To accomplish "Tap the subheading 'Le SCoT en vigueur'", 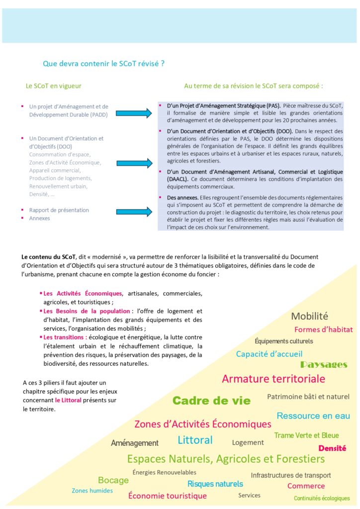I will pyautogui.click(x=53, y=86).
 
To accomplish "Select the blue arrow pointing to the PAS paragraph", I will pyautogui.click(x=133, y=113).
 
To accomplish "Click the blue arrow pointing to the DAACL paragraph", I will pyautogui.click(x=133, y=163).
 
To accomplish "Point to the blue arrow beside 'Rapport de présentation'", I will pyautogui.click(x=133, y=212).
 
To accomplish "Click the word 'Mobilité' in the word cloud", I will pyautogui.click(x=309, y=316).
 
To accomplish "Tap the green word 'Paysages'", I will pyautogui.click(x=323, y=365).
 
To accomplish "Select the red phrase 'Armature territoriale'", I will pyautogui.click(x=273, y=379).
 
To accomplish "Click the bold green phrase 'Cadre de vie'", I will pyautogui.click(x=211, y=401).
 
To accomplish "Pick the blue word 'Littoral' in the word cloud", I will pyautogui.click(x=195, y=440).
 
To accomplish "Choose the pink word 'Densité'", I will pyautogui.click(x=332, y=448).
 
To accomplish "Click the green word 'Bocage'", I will pyautogui.click(x=113, y=480).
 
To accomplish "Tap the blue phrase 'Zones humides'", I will pyautogui.click(x=92, y=491).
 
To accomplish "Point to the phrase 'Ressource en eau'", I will pyautogui.click(x=313, y=416).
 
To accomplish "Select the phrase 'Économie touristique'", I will pyautogui.click(x=168, y=496).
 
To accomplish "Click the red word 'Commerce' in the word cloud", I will pyautogui.click(x=306, y=486).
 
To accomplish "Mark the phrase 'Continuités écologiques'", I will pyautogui.click(x=322, y=498).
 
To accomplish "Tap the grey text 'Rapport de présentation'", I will pyautogui.click(x=59, y=210).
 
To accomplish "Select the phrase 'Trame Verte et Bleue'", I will pyautogui.click(x=306, y=435).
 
